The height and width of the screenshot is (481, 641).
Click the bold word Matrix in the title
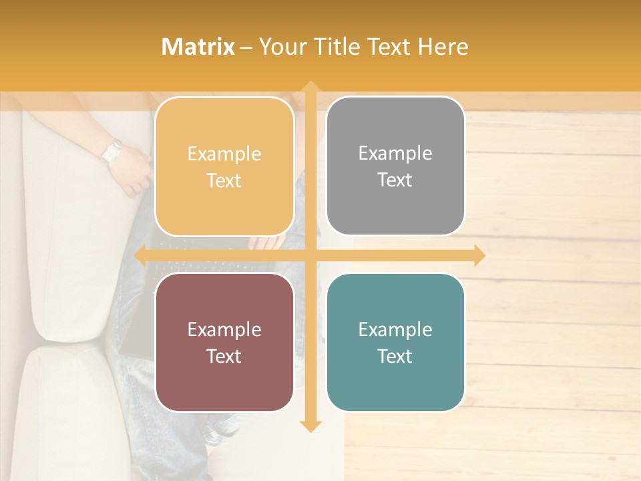coord(198,47)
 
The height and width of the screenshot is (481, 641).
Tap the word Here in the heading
coord(443,47)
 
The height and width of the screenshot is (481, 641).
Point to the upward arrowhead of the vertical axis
coord(310,88)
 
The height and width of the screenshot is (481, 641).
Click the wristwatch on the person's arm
coord(112,152)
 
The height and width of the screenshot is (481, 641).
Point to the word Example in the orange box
coord(224,154)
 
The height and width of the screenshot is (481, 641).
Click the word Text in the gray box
coord(395,180)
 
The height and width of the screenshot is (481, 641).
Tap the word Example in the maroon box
coord(224,330)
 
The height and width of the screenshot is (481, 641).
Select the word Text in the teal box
coord(395,356)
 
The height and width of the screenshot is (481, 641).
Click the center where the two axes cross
coord(310,255)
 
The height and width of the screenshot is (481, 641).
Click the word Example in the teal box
coord(395,330)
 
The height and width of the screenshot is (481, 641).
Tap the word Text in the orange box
coord(224,181)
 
